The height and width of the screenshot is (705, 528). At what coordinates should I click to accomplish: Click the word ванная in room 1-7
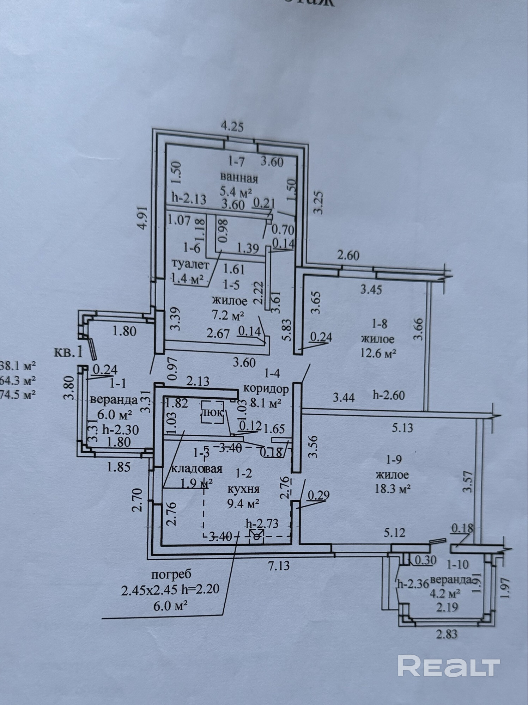point(239,178)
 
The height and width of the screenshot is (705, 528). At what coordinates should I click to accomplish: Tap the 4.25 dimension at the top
point(232,126)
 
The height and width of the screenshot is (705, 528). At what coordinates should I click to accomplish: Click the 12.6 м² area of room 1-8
point(377,353)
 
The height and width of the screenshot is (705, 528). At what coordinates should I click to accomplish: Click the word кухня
point(243,489)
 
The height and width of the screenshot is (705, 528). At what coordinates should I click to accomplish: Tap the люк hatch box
point(212,412)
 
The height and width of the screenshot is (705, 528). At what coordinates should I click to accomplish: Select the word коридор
point(266,389)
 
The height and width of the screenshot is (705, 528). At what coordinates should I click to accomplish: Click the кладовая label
point(197,469)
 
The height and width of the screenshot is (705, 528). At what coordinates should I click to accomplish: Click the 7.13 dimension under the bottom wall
point(279,566)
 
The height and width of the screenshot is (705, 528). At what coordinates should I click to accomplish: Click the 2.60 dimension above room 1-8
point(348,256)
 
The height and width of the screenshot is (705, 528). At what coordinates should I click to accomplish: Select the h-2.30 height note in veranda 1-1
point(121,430)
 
